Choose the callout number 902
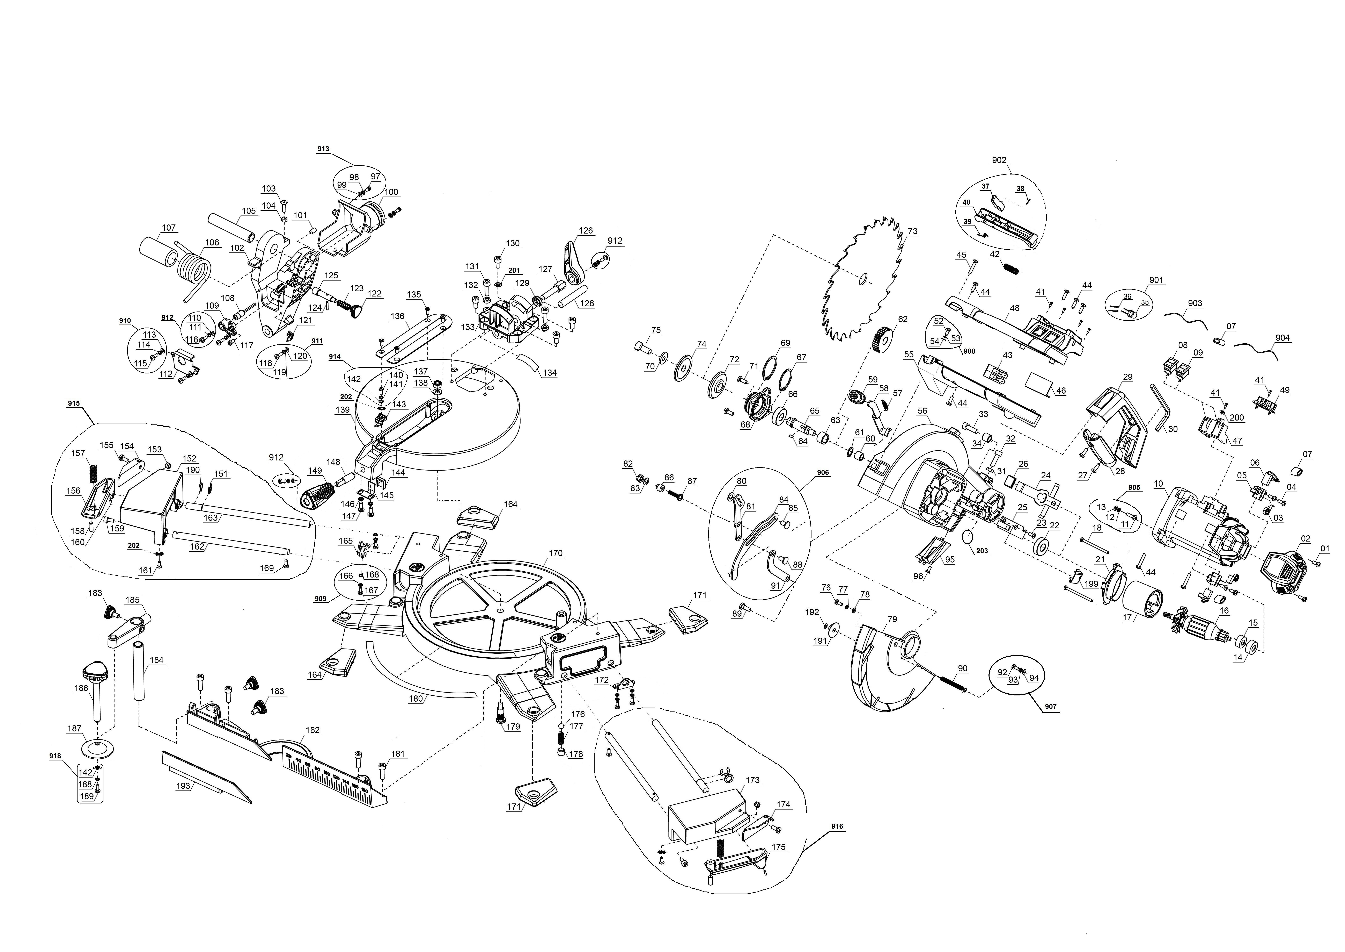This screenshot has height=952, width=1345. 999,160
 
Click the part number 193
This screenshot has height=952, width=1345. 183,786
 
